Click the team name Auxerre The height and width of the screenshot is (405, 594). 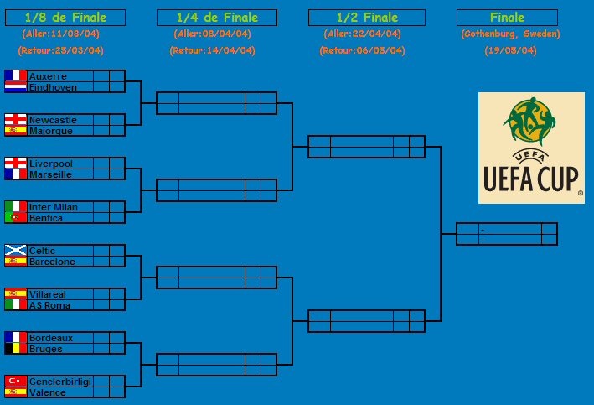[48, 76]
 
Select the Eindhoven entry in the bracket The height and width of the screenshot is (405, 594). [53, 87]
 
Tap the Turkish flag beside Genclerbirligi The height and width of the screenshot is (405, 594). [16, 381]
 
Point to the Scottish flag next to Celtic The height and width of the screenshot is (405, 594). [16, 250]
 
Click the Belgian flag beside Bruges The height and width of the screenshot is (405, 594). [16, 348]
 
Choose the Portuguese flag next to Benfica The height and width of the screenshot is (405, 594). [16, 217]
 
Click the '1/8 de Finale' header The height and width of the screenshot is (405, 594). [65, 18]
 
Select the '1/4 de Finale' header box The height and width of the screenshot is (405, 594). [217, 18]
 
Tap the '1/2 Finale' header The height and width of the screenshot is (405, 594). [367, 18]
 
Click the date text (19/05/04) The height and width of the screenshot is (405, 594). [510, 50]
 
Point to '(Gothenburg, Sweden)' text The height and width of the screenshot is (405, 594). [510, 34]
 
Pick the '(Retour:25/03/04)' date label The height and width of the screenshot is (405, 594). [60, 50]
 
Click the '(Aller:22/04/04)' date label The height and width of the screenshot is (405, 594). [362, 34]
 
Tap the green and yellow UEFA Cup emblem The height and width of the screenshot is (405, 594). [529, 122]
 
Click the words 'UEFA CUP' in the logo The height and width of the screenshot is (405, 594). [530, 179]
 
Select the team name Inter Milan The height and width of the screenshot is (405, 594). [54, 207]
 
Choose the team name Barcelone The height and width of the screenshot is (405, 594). [52, 262]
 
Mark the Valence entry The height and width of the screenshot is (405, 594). [48, 392]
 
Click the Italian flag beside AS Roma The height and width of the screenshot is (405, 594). [16, 304]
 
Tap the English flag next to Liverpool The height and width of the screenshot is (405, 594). [16, 163]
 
